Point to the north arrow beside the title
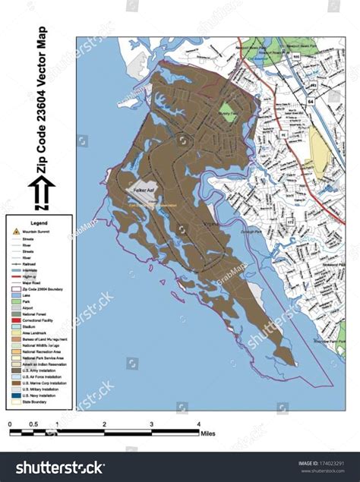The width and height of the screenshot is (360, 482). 43,193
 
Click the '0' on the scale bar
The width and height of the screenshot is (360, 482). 10,424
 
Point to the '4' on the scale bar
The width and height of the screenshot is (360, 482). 198,424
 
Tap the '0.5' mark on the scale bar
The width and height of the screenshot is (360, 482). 33,424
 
